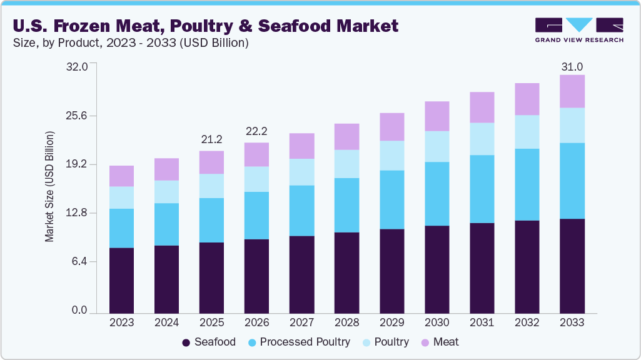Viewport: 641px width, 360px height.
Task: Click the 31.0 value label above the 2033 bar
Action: (572, 67)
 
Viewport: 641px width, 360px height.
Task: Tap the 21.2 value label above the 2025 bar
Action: (211, 139)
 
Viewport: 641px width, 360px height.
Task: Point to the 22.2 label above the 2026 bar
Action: (256, 131)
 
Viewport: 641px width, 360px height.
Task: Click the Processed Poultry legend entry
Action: (298, 342)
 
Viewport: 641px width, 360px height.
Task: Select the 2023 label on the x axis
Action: (121, 322)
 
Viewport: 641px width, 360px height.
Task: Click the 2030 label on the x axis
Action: (437, 322)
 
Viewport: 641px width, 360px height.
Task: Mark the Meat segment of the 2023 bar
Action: (121, 176)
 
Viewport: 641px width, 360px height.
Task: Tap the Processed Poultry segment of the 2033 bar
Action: (572, 181)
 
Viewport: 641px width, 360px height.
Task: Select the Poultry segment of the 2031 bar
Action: (482, 139)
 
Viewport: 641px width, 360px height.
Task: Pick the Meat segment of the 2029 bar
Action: (391, 127)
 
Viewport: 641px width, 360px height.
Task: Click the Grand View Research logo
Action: (578, 30)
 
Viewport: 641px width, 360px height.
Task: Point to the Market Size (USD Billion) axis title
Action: (49, 187)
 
